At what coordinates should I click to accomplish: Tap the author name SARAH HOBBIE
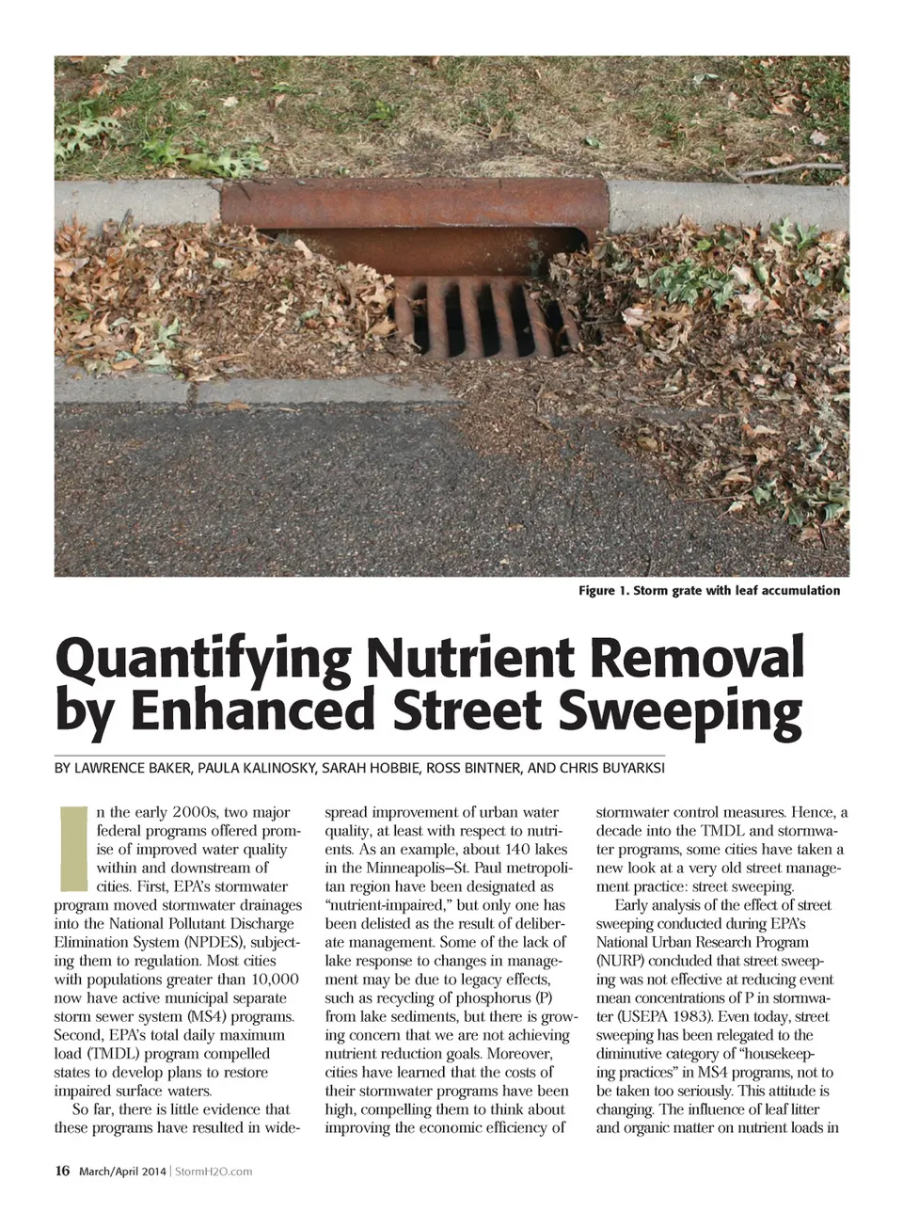click(372, 768)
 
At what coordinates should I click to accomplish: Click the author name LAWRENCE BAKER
click(131, 768)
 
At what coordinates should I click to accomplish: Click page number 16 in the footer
click(62, 1172)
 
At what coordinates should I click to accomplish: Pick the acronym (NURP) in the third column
click(623, 961)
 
